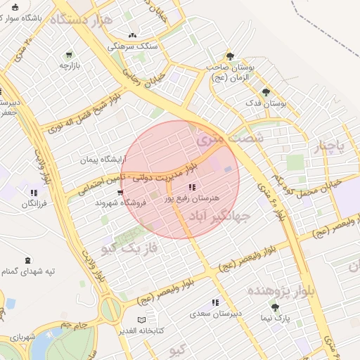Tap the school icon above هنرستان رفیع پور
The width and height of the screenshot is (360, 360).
click(193, 187)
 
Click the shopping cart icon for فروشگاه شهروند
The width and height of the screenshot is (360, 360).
click(121, 192)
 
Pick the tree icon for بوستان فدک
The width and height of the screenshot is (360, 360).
click(266, 92)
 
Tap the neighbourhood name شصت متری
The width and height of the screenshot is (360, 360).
click(231, 139)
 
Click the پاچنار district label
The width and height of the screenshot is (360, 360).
click(329, 146)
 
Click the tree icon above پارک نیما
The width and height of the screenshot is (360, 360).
click(274, 307)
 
